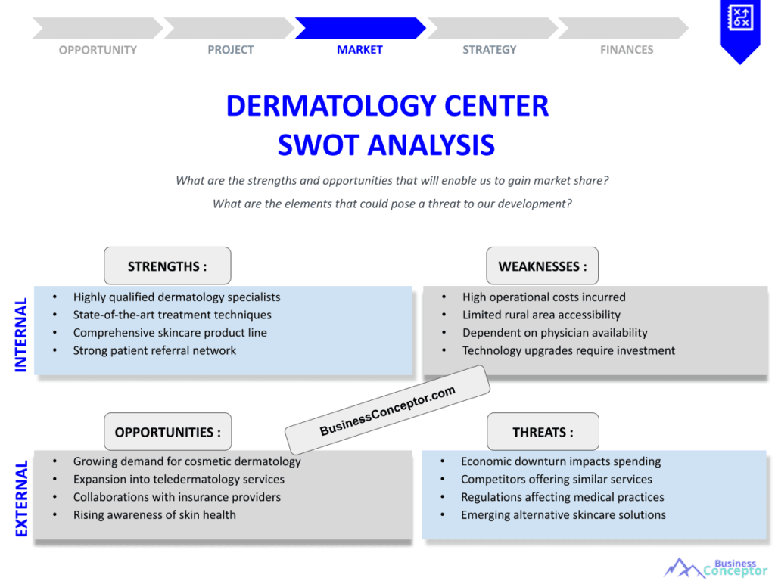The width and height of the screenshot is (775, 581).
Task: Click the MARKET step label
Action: [359, 50]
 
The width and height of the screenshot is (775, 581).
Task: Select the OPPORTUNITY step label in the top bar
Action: [98, 50]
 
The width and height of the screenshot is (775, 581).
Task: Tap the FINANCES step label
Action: [627, 50]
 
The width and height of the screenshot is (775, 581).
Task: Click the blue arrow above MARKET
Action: [359, 28]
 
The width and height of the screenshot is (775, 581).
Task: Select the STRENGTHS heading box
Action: [167, 266]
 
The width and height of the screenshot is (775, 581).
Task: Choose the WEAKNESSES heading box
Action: [542, 266]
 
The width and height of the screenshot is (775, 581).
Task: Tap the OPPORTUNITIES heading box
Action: [168, 432]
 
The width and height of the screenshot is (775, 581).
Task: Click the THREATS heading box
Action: [543, 432]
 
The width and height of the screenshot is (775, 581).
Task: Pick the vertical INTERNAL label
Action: [21, 334]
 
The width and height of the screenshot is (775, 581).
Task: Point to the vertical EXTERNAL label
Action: [21, 499]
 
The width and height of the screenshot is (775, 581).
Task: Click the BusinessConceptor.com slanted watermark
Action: [387, 410]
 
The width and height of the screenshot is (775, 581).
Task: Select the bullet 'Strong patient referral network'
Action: [154, 350]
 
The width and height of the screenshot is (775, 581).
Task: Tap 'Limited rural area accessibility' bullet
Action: [541, 315]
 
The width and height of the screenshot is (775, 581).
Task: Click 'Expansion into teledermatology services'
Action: [179, 479]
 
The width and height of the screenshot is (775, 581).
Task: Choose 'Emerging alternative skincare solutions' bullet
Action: [563, 514]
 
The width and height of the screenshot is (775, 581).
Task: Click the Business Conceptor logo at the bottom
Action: [715, 567]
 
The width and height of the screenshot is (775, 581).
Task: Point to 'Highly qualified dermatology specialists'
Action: [176, 297]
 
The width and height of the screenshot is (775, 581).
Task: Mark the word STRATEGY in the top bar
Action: [489, 50]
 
